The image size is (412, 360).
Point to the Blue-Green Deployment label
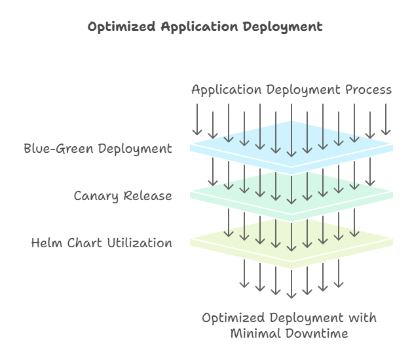(98, 148)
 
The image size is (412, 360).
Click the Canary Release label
(122, 195)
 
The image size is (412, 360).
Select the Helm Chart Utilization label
(102, 243)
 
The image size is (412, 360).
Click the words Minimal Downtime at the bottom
(289, 333)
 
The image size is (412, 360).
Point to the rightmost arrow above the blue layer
(386, 119)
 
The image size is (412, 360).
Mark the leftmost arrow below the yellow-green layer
(244, 273)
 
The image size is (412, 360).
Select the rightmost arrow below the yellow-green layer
(339, 273)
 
